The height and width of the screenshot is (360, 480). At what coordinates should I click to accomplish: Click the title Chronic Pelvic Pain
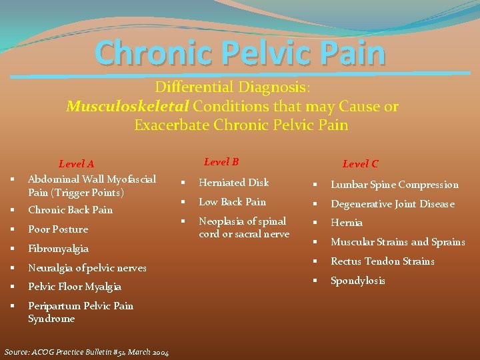coord(240,53)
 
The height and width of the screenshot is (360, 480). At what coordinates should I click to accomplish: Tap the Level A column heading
coord(77,164)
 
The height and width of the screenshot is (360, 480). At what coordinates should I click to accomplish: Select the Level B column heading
coord(221,162)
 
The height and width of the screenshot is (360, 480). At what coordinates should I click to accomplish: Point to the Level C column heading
coord(360,164)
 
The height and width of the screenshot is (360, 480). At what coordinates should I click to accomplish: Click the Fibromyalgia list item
coord(58,249)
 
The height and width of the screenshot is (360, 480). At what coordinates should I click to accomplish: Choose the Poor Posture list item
coord(58,229)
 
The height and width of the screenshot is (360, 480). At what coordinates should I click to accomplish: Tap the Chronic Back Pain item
coord(70,210)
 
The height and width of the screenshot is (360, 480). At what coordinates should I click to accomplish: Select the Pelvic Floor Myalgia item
coord(75,287)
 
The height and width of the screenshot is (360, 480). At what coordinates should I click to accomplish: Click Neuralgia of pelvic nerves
coord(87,268)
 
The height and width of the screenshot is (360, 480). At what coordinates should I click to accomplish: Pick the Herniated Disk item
coord(234,183)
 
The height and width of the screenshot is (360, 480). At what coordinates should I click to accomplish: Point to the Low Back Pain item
coord(232,202)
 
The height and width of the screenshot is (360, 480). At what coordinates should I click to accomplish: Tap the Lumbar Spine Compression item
coord(395,185)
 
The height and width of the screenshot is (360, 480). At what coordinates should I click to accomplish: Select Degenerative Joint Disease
coord(393,204)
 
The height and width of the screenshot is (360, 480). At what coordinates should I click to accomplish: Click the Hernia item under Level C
coord(347,223)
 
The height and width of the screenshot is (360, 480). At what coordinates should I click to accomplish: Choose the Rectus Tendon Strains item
coord(383,261)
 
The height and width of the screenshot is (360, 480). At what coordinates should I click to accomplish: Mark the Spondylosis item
coord(358,281)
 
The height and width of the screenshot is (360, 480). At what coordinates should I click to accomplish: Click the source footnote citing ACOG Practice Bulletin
coord(87,352)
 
